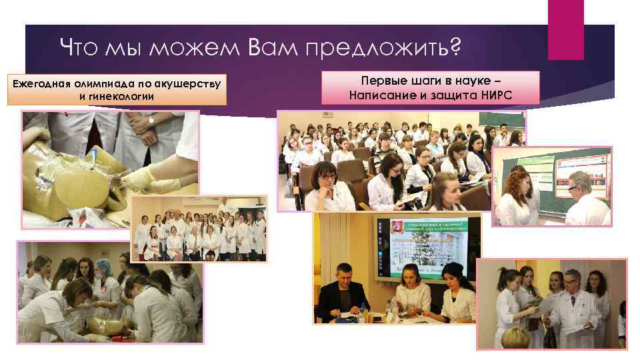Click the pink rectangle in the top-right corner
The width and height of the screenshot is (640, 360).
565,29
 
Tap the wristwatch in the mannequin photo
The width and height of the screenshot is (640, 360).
151,119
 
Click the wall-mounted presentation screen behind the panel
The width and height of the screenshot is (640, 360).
427,247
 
